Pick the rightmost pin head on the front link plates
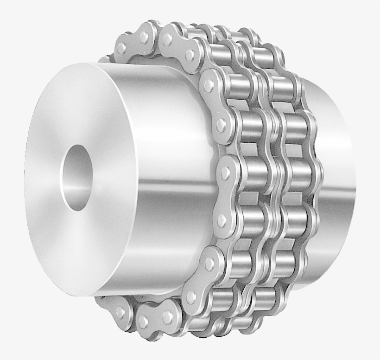click(226, 173)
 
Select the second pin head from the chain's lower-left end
click(143, 321)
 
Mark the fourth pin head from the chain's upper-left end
click(190, 55)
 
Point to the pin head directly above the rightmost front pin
click(221, 124)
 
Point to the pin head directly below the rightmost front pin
click(222, 221)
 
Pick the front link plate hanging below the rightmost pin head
click(224, 197)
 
